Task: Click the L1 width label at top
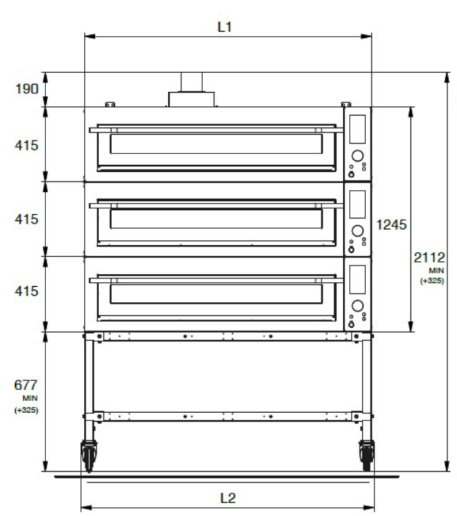(x=225, y=27)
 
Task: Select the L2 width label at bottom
(x=228, y=498)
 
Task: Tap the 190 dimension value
(x=27, y=89)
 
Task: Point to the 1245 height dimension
(x=392, y=225)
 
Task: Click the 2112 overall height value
(x=429, y=257)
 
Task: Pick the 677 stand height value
(x=25, y=385)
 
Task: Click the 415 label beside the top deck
(x=26, y=145)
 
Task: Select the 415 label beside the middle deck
(x=26, y=219)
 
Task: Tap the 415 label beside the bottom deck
(x=26, y=291)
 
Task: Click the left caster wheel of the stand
(x=89, y=455)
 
